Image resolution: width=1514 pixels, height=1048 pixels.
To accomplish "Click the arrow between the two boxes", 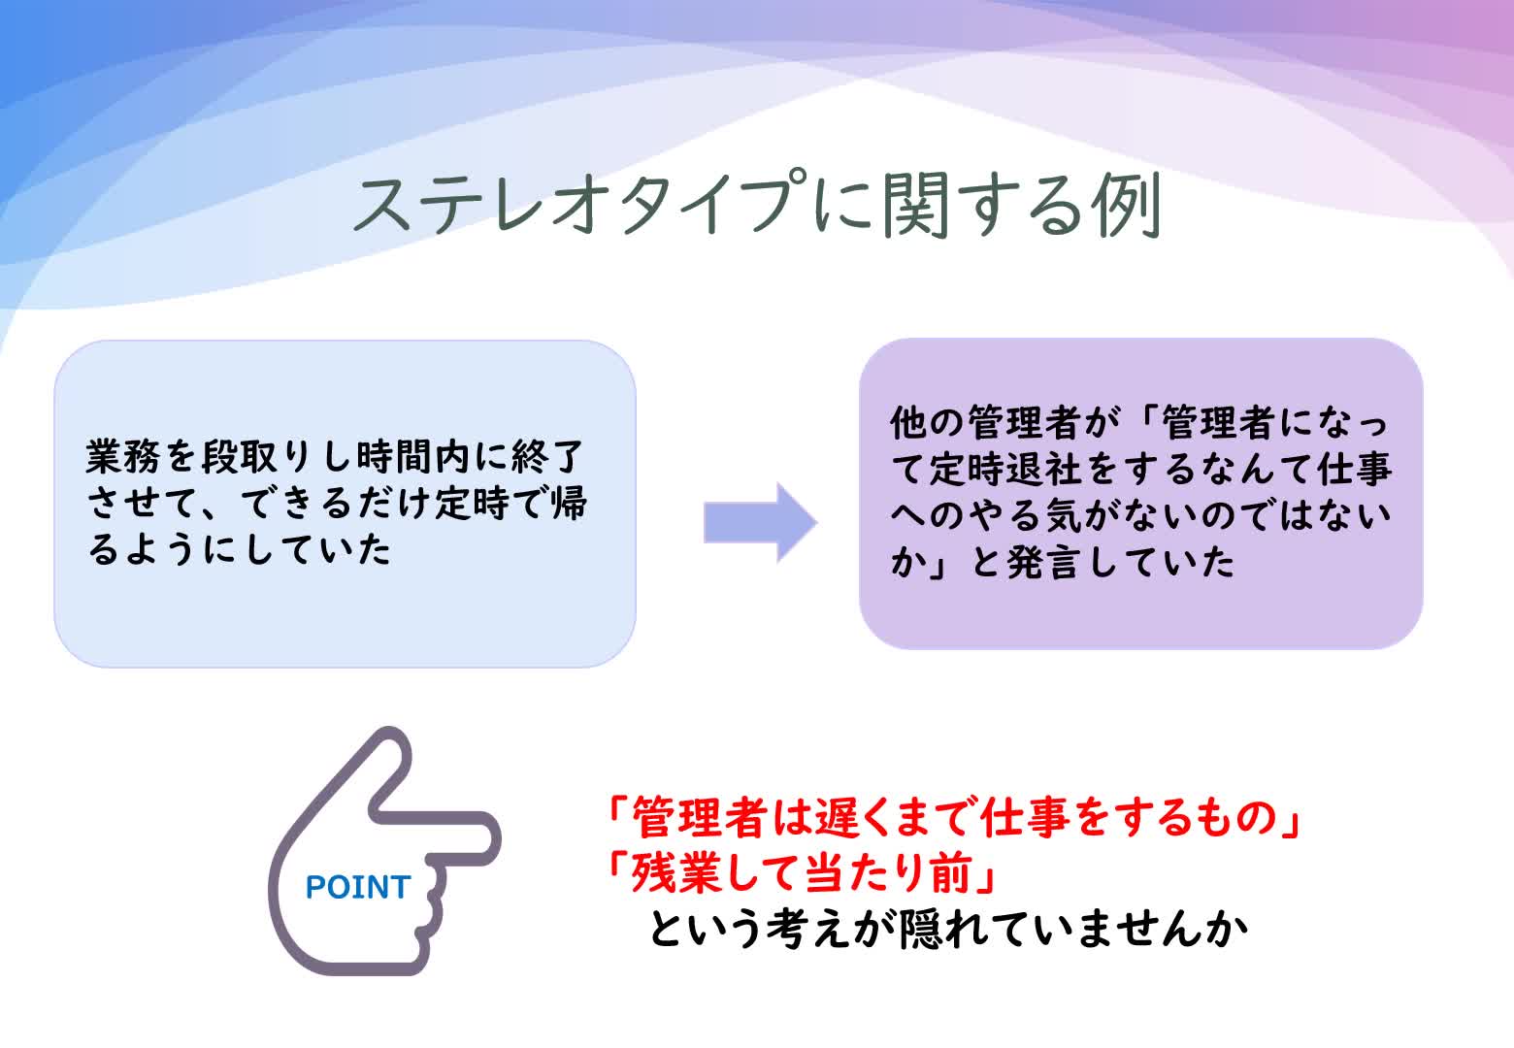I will (760, 522).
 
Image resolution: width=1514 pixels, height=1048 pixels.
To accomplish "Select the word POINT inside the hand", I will (358, 887).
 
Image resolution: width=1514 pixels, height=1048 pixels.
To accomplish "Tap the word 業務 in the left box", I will (127, 457).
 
